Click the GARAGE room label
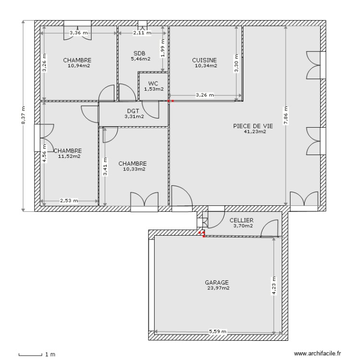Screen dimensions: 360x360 [217, 283]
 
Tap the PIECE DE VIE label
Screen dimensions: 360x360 [252, 126]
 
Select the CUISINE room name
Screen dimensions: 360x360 [204, 60]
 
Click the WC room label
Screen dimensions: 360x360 [153, 83]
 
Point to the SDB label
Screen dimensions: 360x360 [139, 53]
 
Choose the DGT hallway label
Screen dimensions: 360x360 [133, 110]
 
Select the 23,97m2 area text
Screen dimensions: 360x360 [218, 288]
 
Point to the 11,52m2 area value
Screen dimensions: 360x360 [69, 156]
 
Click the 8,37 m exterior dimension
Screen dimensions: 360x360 [23, 116]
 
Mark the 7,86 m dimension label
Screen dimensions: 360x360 [286, 115]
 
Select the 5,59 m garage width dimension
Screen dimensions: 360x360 [217, 332]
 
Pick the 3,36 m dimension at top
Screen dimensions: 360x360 [79, 33]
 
